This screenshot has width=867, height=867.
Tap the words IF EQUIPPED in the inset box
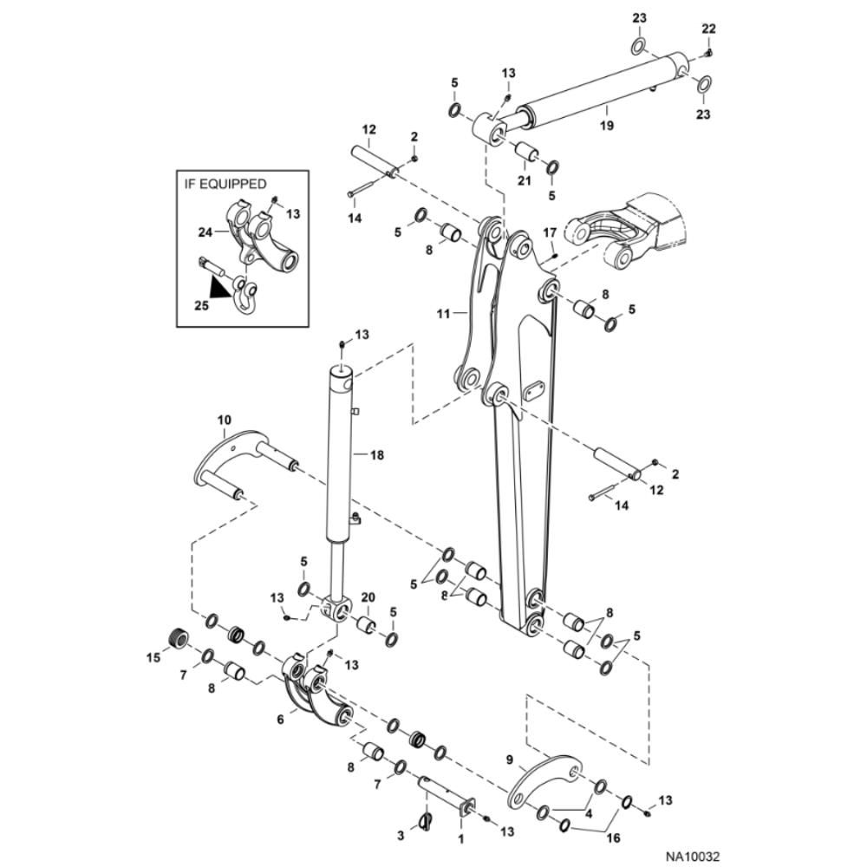[225, 184]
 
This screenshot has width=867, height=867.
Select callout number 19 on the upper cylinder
[606, 126]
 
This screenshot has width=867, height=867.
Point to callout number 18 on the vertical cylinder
[375, 454]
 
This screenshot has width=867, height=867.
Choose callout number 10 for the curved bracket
[223, 420]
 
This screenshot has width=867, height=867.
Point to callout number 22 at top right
[709, 29]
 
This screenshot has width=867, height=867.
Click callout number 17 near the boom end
[548, 232]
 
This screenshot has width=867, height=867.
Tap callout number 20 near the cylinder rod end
[368, 598]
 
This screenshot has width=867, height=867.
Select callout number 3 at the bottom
[401, 836]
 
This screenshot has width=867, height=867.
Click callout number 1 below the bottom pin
[460, 838]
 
